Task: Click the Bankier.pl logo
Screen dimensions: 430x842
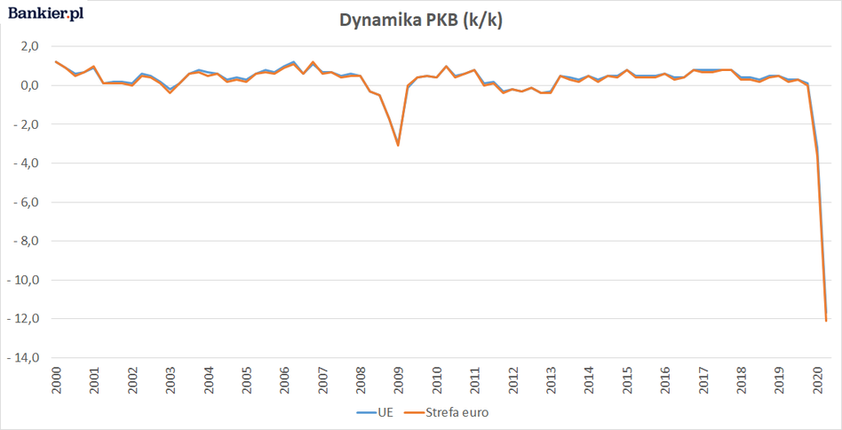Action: click(x=46, y=15)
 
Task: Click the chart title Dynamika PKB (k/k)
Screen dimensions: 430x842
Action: click(x=421, y=21)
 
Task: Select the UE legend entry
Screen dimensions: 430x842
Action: click(x=376, y=412)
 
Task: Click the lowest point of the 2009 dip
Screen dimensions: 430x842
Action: click(x=398, y=145)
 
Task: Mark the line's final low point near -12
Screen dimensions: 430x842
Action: click(x=826, y=321)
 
